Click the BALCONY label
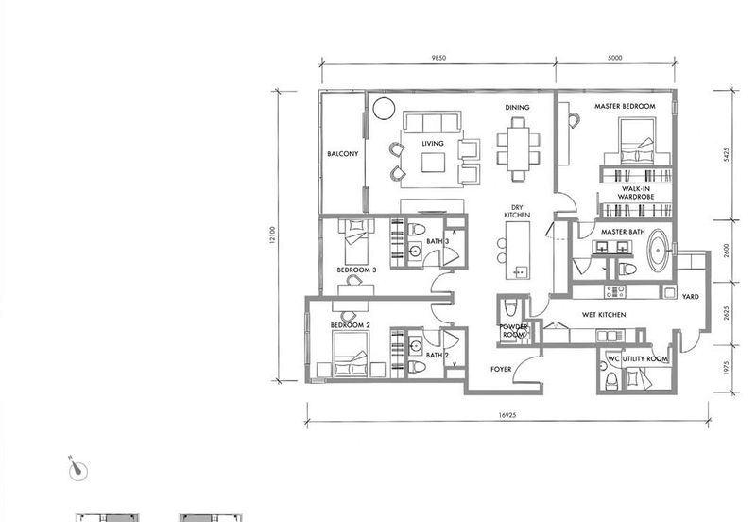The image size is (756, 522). tap(343, 154)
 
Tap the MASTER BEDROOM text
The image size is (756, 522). tap(625, 106)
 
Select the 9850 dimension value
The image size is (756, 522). tap(438, 58)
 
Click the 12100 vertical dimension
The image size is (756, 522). tap(272, 235)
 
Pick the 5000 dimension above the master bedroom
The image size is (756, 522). tap(615, 58)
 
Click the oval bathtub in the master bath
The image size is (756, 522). tap(658, 250)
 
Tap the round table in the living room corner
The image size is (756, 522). tap(384, 109)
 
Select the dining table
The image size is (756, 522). tap(518, 149)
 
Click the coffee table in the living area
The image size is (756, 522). tap(433, 163)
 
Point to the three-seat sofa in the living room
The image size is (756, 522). tap(433, 122)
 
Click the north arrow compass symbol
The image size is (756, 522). tap(77, 469)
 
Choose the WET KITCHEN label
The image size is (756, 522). tap(604, 315)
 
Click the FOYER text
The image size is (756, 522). tap(501, 369)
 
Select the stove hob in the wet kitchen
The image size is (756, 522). tap(615, 291)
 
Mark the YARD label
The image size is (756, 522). tap(691, 297)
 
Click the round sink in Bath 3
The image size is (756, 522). tap(415, 251)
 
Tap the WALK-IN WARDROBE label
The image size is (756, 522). tap(636, 193)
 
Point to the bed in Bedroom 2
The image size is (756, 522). tap(351, 355)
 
